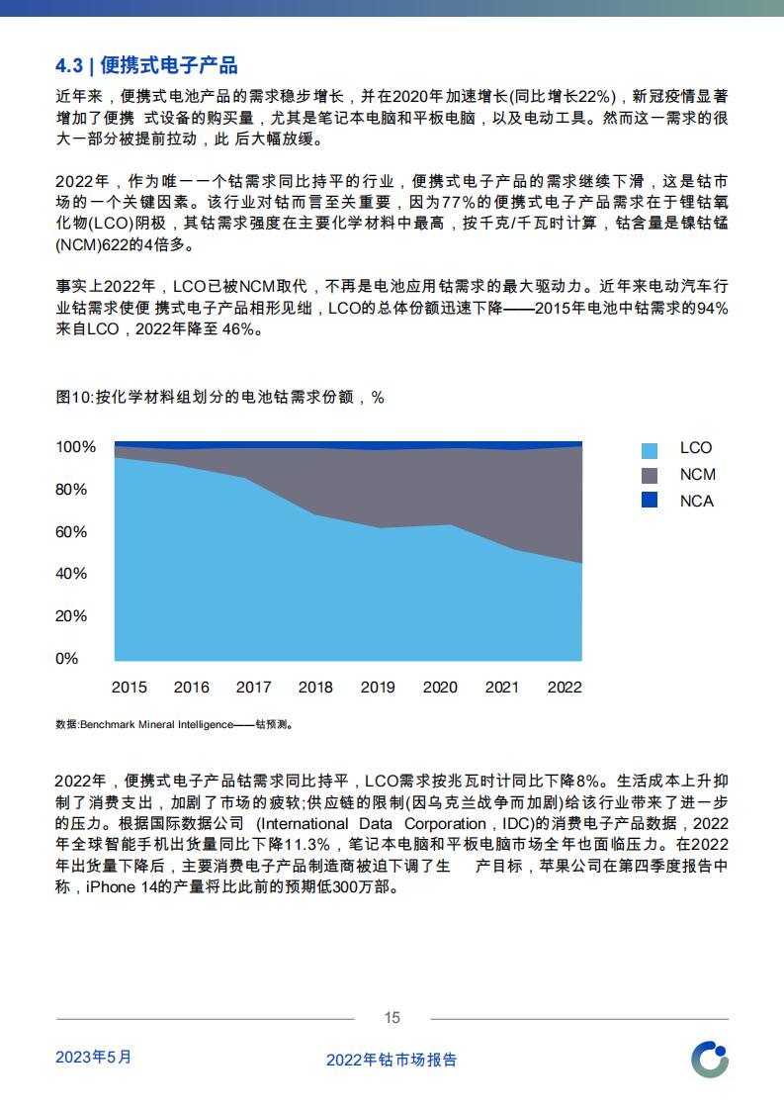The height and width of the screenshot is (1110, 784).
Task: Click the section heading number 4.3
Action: (x=69, y=66)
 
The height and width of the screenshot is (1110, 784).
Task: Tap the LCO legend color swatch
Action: (x=649, y=450)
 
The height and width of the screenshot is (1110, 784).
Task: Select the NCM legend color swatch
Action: (x=649, y=475)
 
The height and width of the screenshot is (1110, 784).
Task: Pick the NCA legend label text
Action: (x=696, y=502)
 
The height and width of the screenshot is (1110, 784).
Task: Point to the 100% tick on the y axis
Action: (x=76, y=447)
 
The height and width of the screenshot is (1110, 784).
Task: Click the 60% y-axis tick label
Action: (x=71, y=531)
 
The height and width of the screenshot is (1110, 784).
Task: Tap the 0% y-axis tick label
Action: (x=66, y=658)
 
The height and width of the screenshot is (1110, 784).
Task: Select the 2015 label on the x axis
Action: (x=129, y=687)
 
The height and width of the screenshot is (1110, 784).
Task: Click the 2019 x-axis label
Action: (x=378, y=687)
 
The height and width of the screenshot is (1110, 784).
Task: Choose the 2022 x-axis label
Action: (x=565, y=687)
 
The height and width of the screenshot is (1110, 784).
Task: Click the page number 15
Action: (x=392, y=1018)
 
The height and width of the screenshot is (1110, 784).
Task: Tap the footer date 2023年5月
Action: (x=93, y=1057)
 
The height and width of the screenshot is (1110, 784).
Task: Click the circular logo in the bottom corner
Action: (x=710, y=1060)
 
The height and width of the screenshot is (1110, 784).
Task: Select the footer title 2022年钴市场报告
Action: (x=392, y=1060)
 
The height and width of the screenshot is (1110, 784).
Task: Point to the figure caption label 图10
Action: (x=73, y=397)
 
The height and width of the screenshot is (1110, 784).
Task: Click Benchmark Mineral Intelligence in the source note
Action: (x=156, y=725)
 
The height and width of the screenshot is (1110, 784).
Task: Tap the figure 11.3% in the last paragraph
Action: (x=307, y=845)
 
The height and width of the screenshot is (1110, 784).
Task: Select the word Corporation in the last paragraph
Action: (x=445, y=823)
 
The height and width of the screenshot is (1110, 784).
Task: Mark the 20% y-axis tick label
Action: (x=71, y=616)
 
